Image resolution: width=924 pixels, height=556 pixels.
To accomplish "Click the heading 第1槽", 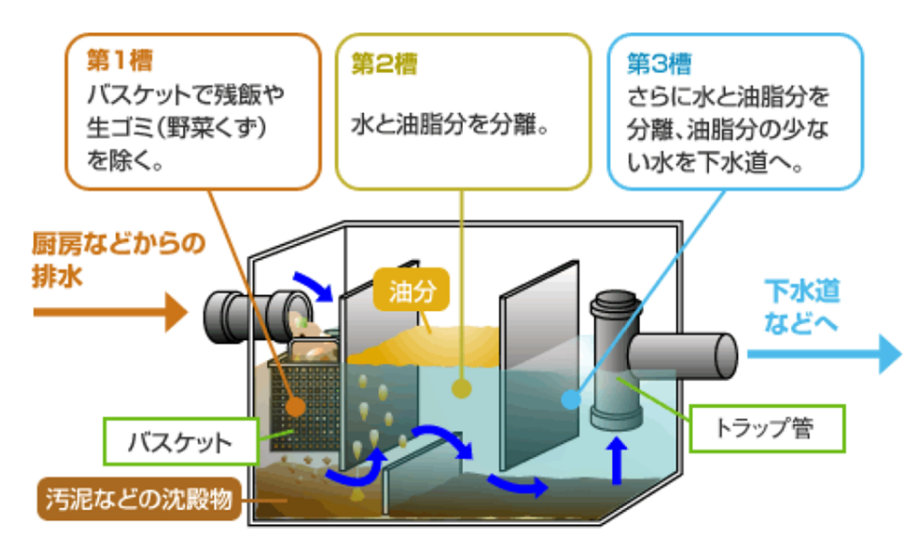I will pos(119,61).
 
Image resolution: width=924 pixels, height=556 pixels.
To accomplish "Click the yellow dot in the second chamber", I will pos(462,390).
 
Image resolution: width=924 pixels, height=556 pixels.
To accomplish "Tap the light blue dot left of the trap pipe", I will pos(569,397).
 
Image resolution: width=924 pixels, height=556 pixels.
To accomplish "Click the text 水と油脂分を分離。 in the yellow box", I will pos(450,124).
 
